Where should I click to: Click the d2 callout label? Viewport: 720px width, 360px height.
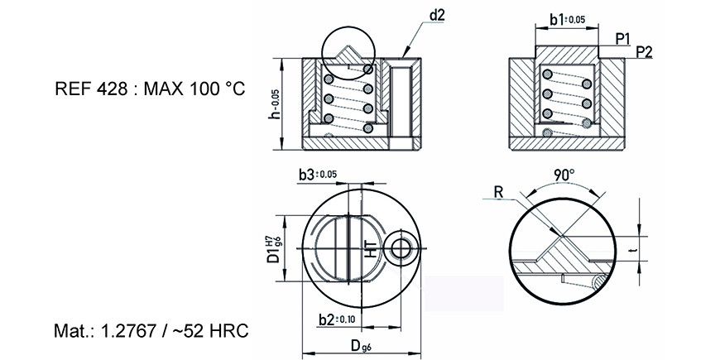(437, 15)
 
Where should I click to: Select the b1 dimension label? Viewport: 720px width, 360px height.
(568, 19)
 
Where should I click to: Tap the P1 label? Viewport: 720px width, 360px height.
(622, 40)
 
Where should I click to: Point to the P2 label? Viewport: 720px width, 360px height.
(644, 52)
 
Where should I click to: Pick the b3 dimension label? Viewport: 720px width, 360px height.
(318, 175)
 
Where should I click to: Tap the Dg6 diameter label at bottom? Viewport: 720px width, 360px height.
(361, 346)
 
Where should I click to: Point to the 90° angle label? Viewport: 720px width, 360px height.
(564, 175)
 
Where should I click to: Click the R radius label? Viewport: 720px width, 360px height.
(499, 192)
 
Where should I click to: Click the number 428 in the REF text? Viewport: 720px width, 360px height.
(112, 89)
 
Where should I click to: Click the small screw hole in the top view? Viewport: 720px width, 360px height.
(403, 249)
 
